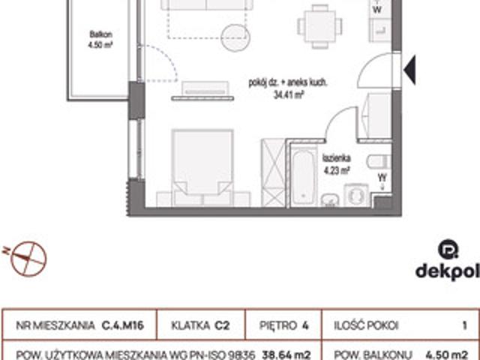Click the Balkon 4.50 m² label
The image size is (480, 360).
click(100, 40)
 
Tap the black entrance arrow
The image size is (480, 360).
click(410, 70)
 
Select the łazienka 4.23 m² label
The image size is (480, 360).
click(337, 164)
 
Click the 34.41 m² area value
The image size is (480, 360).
click(288, 95)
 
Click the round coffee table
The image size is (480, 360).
click(235, 37)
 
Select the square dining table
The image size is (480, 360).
click(320, 26)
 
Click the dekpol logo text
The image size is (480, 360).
click(447, 271)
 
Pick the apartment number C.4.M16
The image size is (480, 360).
click(123, 325)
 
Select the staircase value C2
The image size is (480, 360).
click(222, 325)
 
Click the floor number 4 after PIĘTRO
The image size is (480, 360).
click(305, 325)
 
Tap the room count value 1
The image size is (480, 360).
click(465, 325)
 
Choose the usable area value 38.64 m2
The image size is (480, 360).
click(286, 355)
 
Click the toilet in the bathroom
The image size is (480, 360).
click(379, 162)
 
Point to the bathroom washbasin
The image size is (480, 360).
click(330, 199)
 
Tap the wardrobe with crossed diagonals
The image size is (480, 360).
click(273, 172)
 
